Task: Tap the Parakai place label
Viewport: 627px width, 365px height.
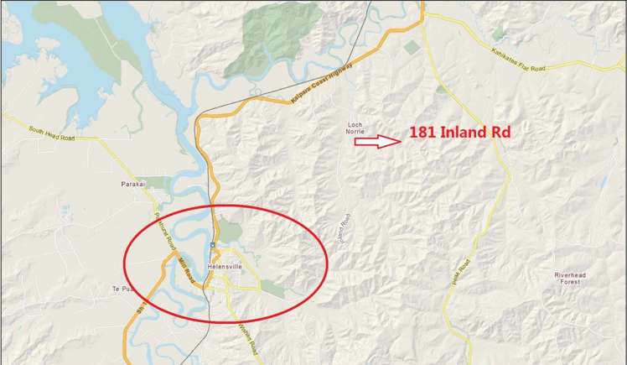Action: tap(132, 182)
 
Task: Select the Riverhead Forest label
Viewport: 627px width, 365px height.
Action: tap(572, 279)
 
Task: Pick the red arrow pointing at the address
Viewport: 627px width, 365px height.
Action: tap(377, 142)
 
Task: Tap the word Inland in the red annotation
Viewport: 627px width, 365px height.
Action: tap(470, 133)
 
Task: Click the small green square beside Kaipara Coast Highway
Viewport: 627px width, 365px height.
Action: tap(411, 48)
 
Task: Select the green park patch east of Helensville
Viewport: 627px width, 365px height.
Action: tap(272, 288)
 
